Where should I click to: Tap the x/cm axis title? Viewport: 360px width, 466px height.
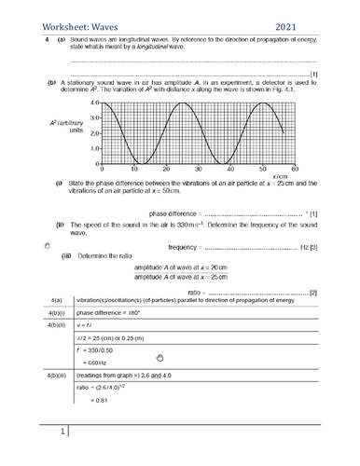(x=281, y=177)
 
